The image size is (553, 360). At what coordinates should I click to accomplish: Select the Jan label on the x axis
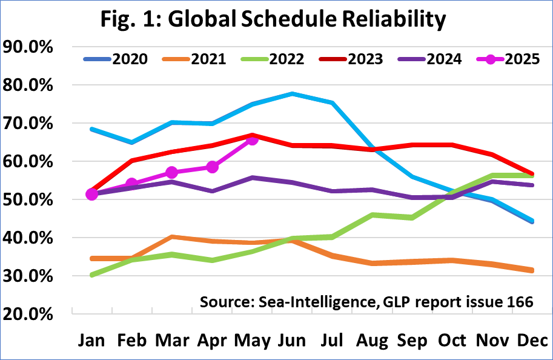pos(92,341)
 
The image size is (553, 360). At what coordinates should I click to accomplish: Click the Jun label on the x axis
pos(292,341)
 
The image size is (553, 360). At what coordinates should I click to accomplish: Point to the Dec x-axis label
pos(532,341)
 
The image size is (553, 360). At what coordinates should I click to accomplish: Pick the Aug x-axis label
pos(372,341)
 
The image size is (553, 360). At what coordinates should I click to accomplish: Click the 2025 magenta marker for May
pos(252,139)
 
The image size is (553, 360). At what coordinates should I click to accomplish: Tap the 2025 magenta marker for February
pos(132,184)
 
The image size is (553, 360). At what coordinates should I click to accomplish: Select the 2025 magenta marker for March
pos(172,173)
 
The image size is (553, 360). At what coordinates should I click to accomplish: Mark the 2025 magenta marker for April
pos(212,167)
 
